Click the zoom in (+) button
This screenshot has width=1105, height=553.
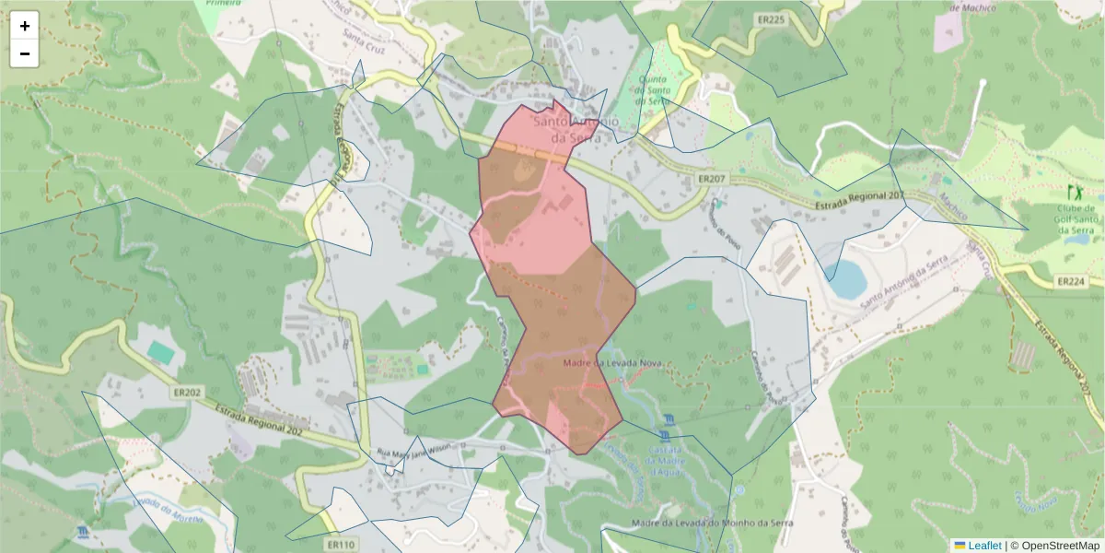click(x=25, y=26)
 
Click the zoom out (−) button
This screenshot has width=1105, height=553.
click(x=25, y=53)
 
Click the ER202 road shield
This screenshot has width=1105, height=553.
click(x=186, y=392)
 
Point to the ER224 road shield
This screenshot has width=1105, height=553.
click(x=1073, y=281)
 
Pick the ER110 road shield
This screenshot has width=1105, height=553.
click(x=340, y=545)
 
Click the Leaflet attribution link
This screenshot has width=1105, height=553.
click(x=978, y=546)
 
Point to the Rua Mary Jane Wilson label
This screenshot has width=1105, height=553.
click(x=415, y=449)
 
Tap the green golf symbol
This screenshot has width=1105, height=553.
click(x=1074, y=192)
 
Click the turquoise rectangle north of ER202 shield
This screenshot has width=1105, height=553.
click(x=161, y=352)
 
